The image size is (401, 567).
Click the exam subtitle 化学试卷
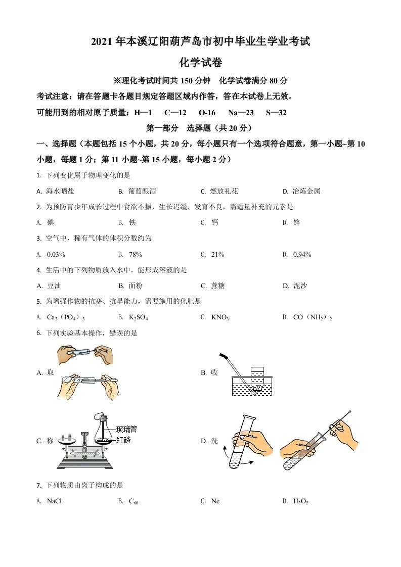[200, 63]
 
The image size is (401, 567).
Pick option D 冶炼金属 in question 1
[306, 192]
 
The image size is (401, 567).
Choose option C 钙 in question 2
[215, 223]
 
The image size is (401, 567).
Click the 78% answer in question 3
[136, 254]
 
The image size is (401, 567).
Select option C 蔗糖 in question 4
[218, 286]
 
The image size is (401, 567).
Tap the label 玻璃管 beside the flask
[126, 429]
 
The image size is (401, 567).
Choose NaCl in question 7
[54, 501]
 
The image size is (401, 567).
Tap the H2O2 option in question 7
[300, 501]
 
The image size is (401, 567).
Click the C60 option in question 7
[133, 501]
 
